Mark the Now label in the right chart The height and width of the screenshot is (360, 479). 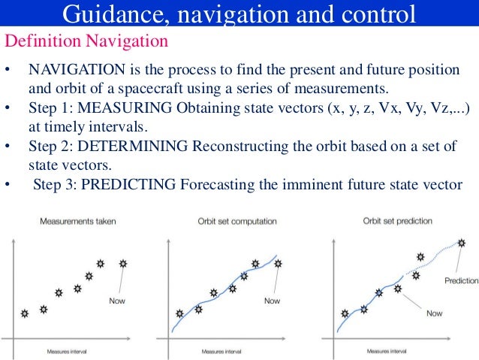tap(434, 313)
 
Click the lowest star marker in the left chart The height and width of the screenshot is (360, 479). tap(25, 313)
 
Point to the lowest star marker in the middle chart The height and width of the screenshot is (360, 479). tap(179, 313)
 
